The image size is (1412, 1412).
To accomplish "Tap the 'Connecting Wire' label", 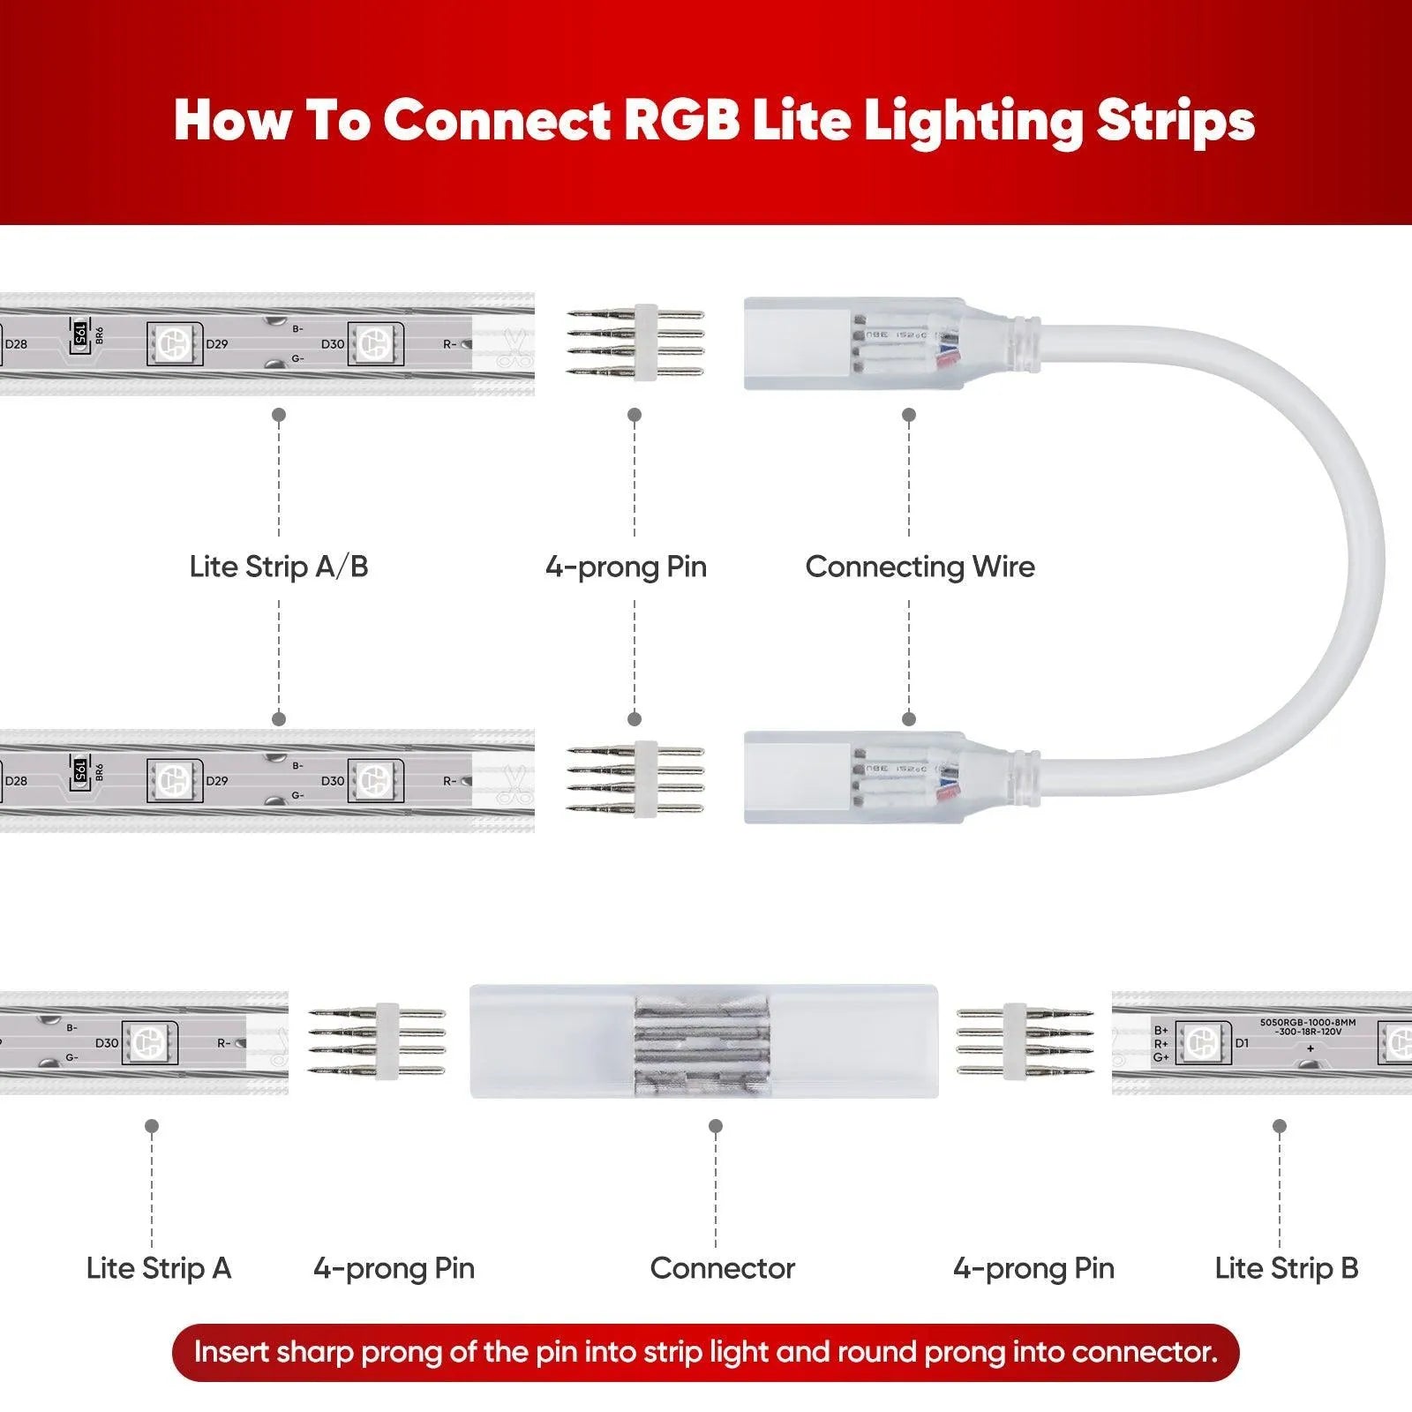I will tap(920, 567).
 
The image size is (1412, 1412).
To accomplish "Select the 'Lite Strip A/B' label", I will tap(279, 567).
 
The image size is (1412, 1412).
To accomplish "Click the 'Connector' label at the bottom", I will tap(722, 1268).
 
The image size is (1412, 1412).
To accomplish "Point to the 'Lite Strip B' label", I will tap(1286, 1268).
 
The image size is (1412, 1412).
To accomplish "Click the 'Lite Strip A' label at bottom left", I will tap(159, 1268).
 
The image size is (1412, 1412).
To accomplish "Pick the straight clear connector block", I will tap(703, 1041).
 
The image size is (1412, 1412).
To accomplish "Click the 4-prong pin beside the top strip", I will tap(635, 342).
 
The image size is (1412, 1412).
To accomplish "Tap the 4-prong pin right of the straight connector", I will tap(1025, 1041).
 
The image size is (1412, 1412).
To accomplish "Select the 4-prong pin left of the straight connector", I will tap(378, 1041).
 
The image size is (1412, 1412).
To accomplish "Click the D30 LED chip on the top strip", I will tap(374, 343).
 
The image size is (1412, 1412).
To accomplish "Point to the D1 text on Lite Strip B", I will tap(1242, 1043).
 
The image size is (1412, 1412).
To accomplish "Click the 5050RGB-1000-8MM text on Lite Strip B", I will tap(1307, 1022).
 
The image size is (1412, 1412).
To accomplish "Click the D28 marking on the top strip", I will tap(16, 344).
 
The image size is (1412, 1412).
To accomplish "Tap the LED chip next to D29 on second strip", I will tap(174, 780).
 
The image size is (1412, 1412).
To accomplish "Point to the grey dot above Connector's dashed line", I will tap(716, 1126).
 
